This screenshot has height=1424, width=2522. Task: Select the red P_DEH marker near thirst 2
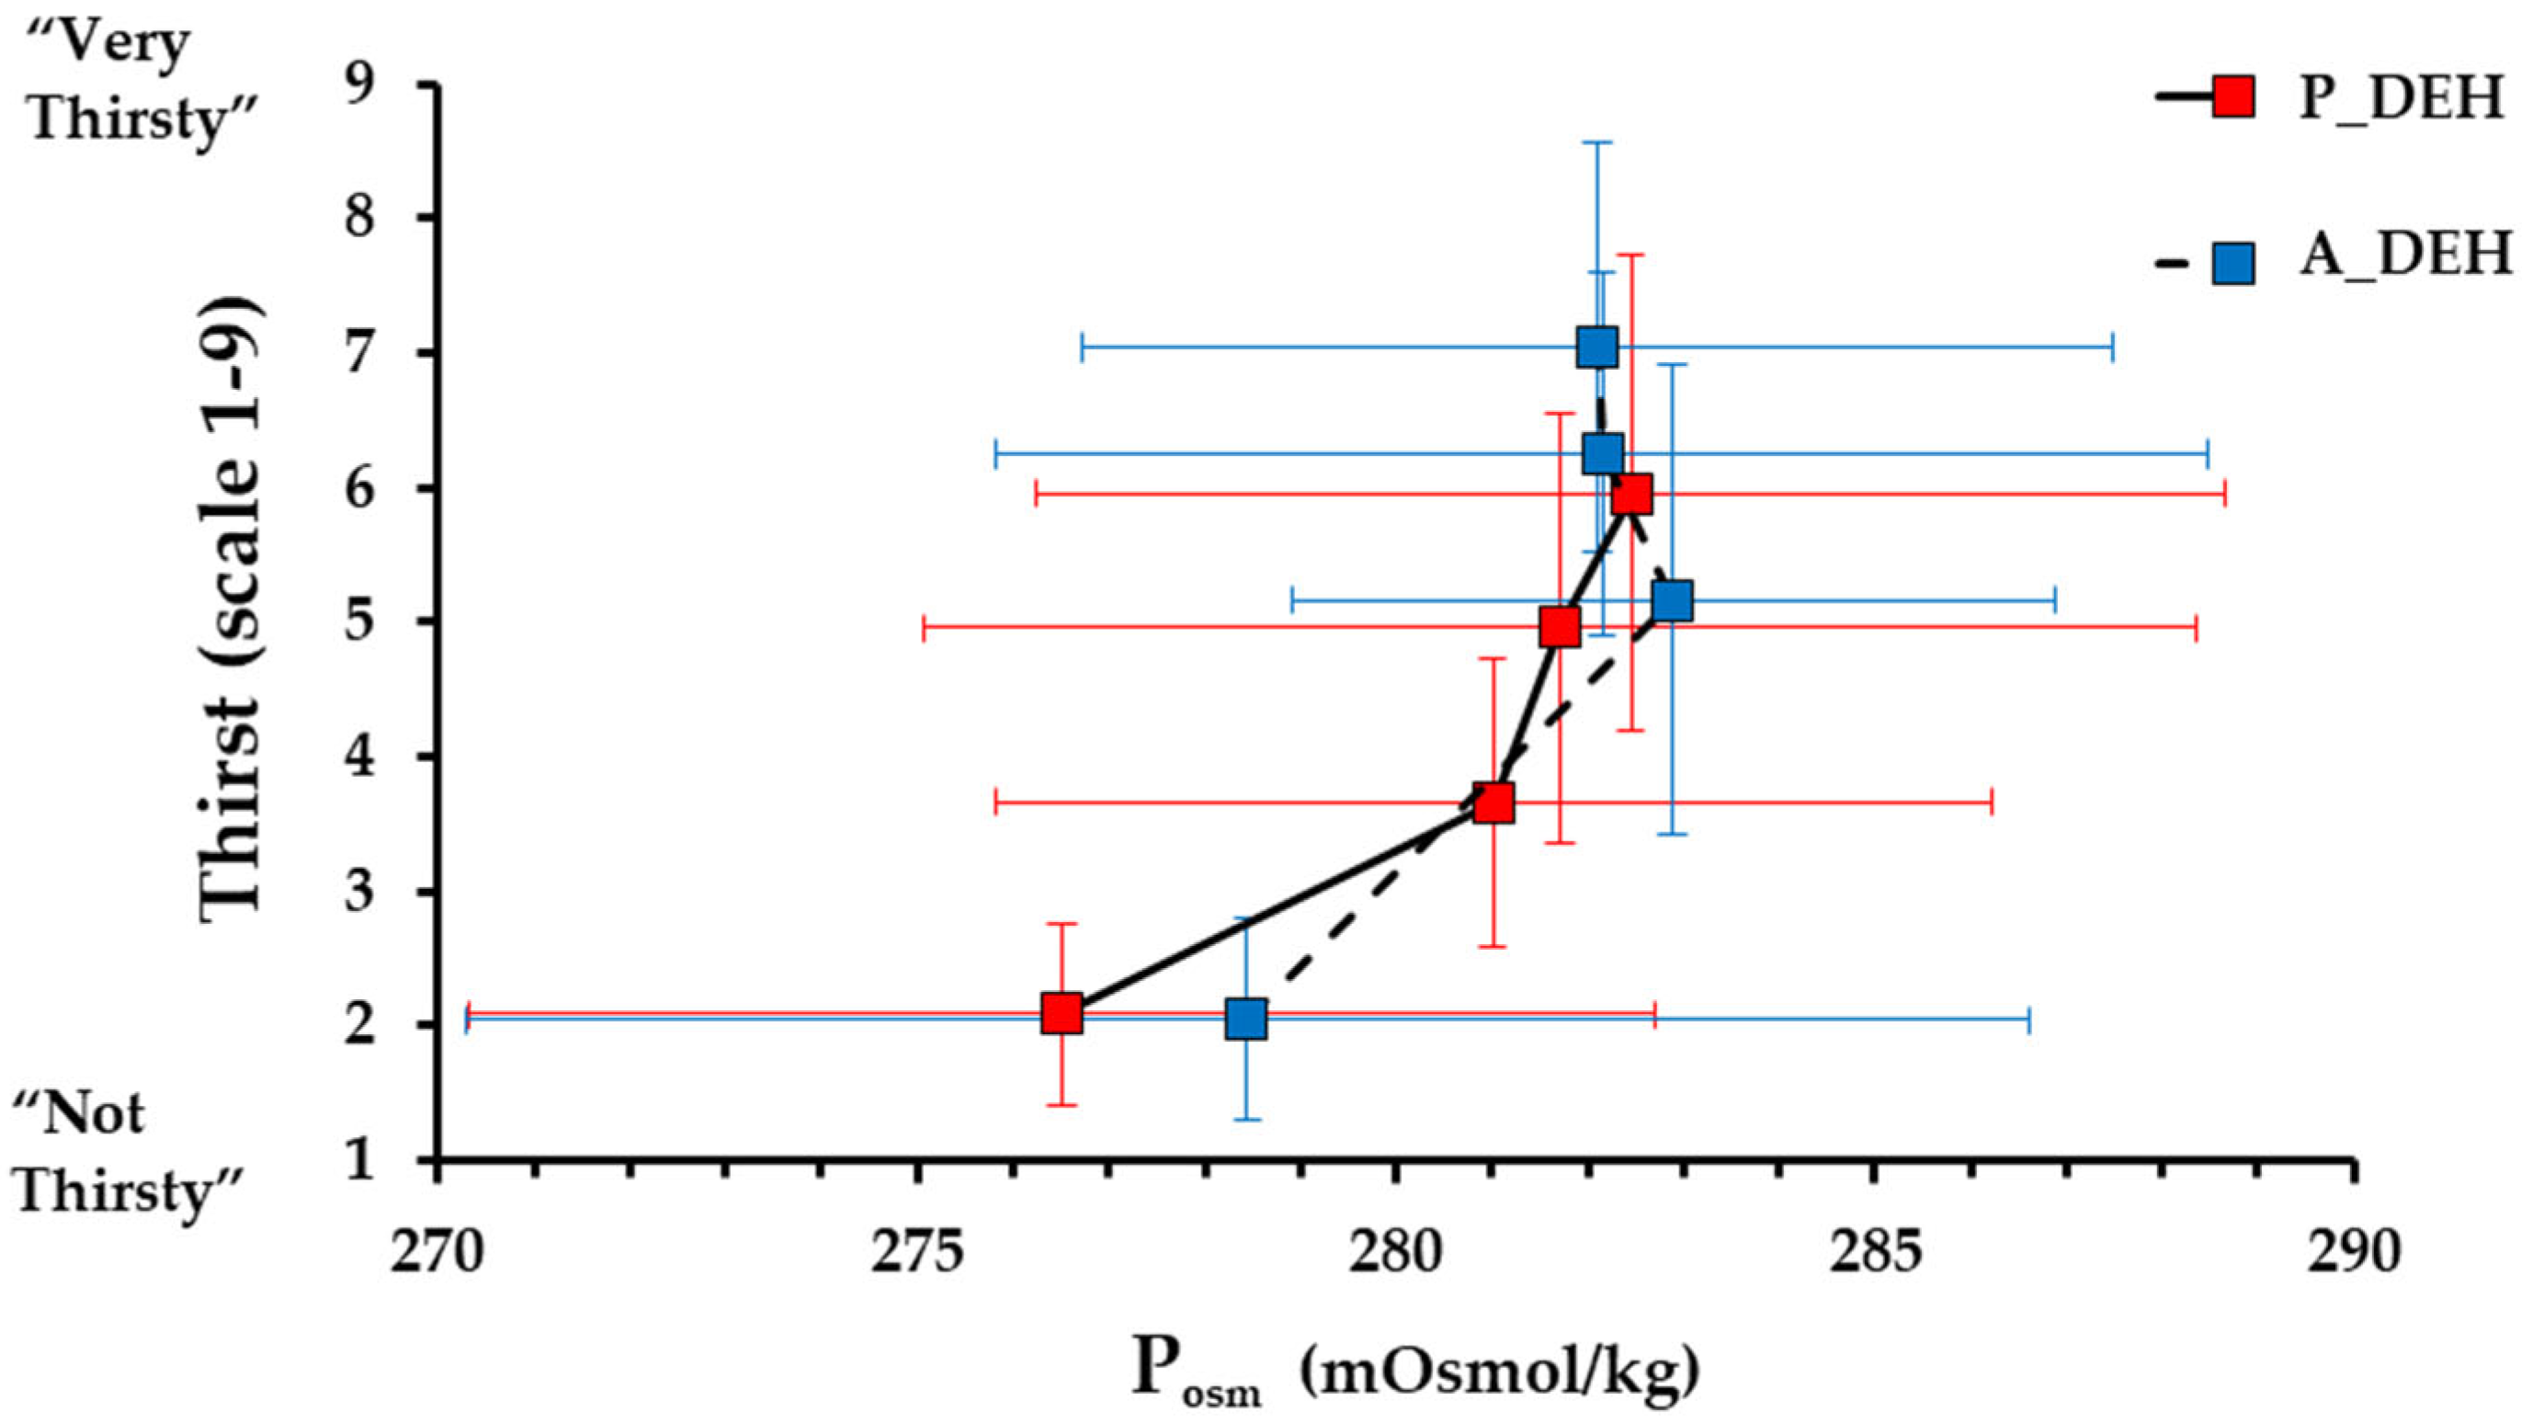(1062, 1013)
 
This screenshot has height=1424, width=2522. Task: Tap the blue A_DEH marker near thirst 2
(1245, 1020)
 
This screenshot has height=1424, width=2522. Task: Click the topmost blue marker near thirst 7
(1596, 347)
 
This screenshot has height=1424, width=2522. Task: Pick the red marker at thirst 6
(1632, 496)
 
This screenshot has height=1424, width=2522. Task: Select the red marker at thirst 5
(1560, 627)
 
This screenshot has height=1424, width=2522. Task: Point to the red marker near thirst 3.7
(1493, 803)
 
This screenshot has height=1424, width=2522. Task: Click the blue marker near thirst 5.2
(1672, 599)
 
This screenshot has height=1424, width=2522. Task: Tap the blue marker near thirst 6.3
(1603, 453)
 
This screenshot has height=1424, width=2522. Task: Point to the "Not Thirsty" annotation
(127, 1154)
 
